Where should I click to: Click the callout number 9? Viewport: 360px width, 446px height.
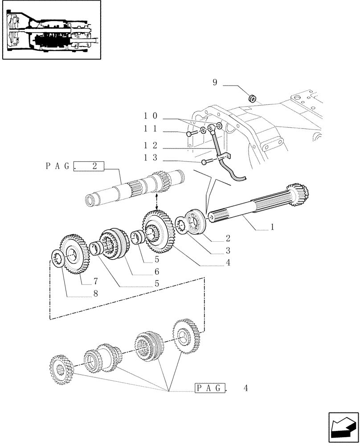click(214, 83)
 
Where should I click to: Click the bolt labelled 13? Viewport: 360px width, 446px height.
click(205, 162)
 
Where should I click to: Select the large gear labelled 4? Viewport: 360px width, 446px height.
click(157, 232)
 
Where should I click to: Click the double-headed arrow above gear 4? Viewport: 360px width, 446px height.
click(156, 203)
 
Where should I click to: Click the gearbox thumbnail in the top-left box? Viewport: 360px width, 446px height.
click(49, 30)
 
